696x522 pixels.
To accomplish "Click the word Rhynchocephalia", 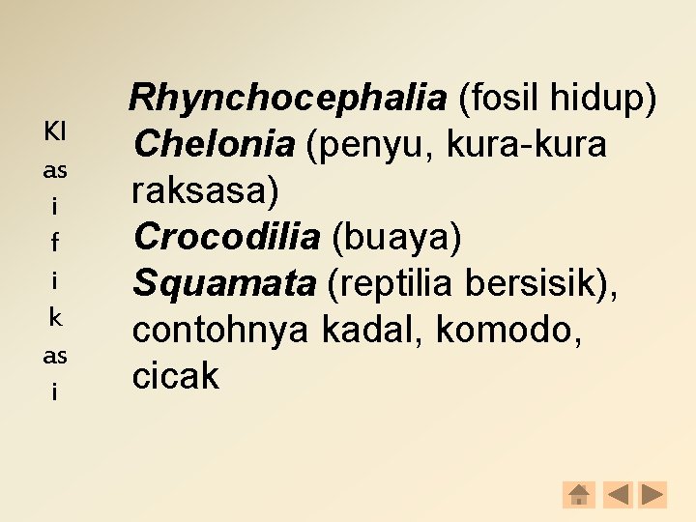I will pos(288,98).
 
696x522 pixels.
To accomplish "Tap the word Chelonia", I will pos(214,144).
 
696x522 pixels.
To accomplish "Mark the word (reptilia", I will pos(391,283).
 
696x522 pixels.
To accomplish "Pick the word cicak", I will pos(176,376).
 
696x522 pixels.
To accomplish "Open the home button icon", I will pos(578,495).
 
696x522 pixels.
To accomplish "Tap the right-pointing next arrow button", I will pos(653,495).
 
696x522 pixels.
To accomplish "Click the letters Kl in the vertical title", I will pos(55,130).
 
